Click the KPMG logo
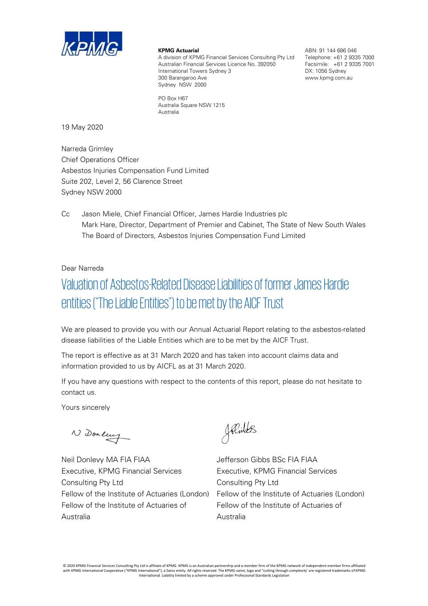pos(91,44)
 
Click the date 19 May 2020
pos(82,127)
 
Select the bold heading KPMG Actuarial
pos(178,51)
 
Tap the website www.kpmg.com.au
pos(328,78)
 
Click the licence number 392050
pos(266,64)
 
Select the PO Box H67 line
pos(173,99)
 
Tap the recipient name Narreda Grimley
pos(87,149)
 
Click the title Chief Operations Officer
pos(100,160)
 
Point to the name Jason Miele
pos(101,214)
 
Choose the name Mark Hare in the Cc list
pos(98,225)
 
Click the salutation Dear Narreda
pos(82,268)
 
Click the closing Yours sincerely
pos(86,408)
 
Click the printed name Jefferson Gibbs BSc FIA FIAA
pos(267,460)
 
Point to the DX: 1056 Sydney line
pos(325,71)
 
